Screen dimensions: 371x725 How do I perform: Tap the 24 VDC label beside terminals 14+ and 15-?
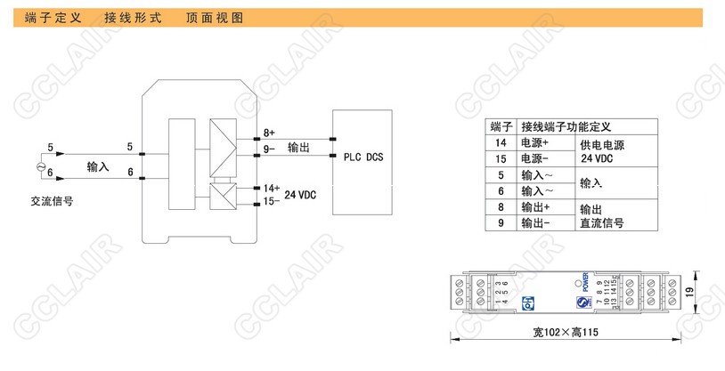[301, 195]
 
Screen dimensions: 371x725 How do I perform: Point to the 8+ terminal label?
[269, 133]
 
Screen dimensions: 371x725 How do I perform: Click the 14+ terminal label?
[272, 189]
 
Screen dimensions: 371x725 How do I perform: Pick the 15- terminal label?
[272, 201]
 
